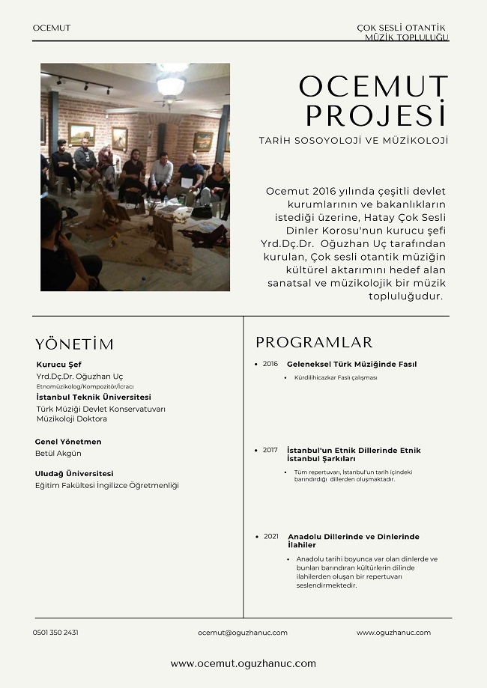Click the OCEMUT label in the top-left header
pyautogui.click(x=52, y=28)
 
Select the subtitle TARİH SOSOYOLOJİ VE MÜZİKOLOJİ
pyautogui.click(x=353, y=140)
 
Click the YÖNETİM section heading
pyautogui.click(x=74, y=344)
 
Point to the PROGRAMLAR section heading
pyautogui.click(x=314, y=343)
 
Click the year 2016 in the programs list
pyautogui.click(x=270, y=364)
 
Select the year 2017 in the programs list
pyautogui.click(x=270, y=450)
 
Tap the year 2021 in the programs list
pyautogui.click(x=271, y=537)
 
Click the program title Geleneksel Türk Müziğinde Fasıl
pyautogui.click(x=351, y=364)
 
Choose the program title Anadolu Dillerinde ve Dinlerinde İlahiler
pyautogui.click(x=353, y=541)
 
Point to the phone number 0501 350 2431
pyautogui.click(x=55, y=633)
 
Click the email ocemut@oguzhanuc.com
pyautogui.click(x=243, y=633)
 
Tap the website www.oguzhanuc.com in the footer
pyautogui.click(x=393, y=633)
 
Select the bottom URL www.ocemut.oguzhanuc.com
pyautogui.click(x=243, y=663)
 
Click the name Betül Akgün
pyautogui.click(x=58, y=454)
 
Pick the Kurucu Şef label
pyautogui.click(x=58, y=365)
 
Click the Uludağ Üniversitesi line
pyautogui.click(x=74, y=473)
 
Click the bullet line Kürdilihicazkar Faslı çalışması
pyautogui.click(x=336, y=378)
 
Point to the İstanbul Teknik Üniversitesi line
pyautogui.click(x=94, y=397)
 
